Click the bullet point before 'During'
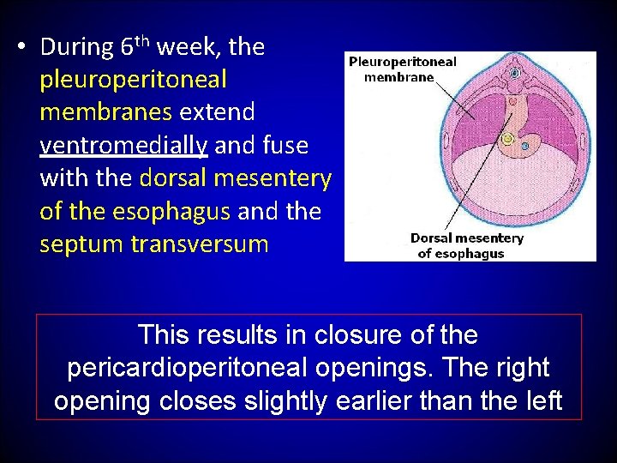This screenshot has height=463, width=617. [x=24, y=46]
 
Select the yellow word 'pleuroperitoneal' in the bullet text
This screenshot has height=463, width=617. [x=133, y=81]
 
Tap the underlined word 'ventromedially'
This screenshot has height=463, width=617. [x=123, y=146]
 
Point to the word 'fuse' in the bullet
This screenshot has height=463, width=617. [x=287, y=146]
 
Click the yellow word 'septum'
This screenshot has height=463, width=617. [x=82, y=245]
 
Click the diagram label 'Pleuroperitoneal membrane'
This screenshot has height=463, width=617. [x=402, y=69]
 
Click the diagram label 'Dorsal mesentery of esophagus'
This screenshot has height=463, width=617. [x=467, y=245]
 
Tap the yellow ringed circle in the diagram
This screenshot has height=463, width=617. [x=507, y=139]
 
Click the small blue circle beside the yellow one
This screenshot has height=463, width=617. [x=525, y=147]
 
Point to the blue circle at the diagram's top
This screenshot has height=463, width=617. [x=515, y=74]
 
